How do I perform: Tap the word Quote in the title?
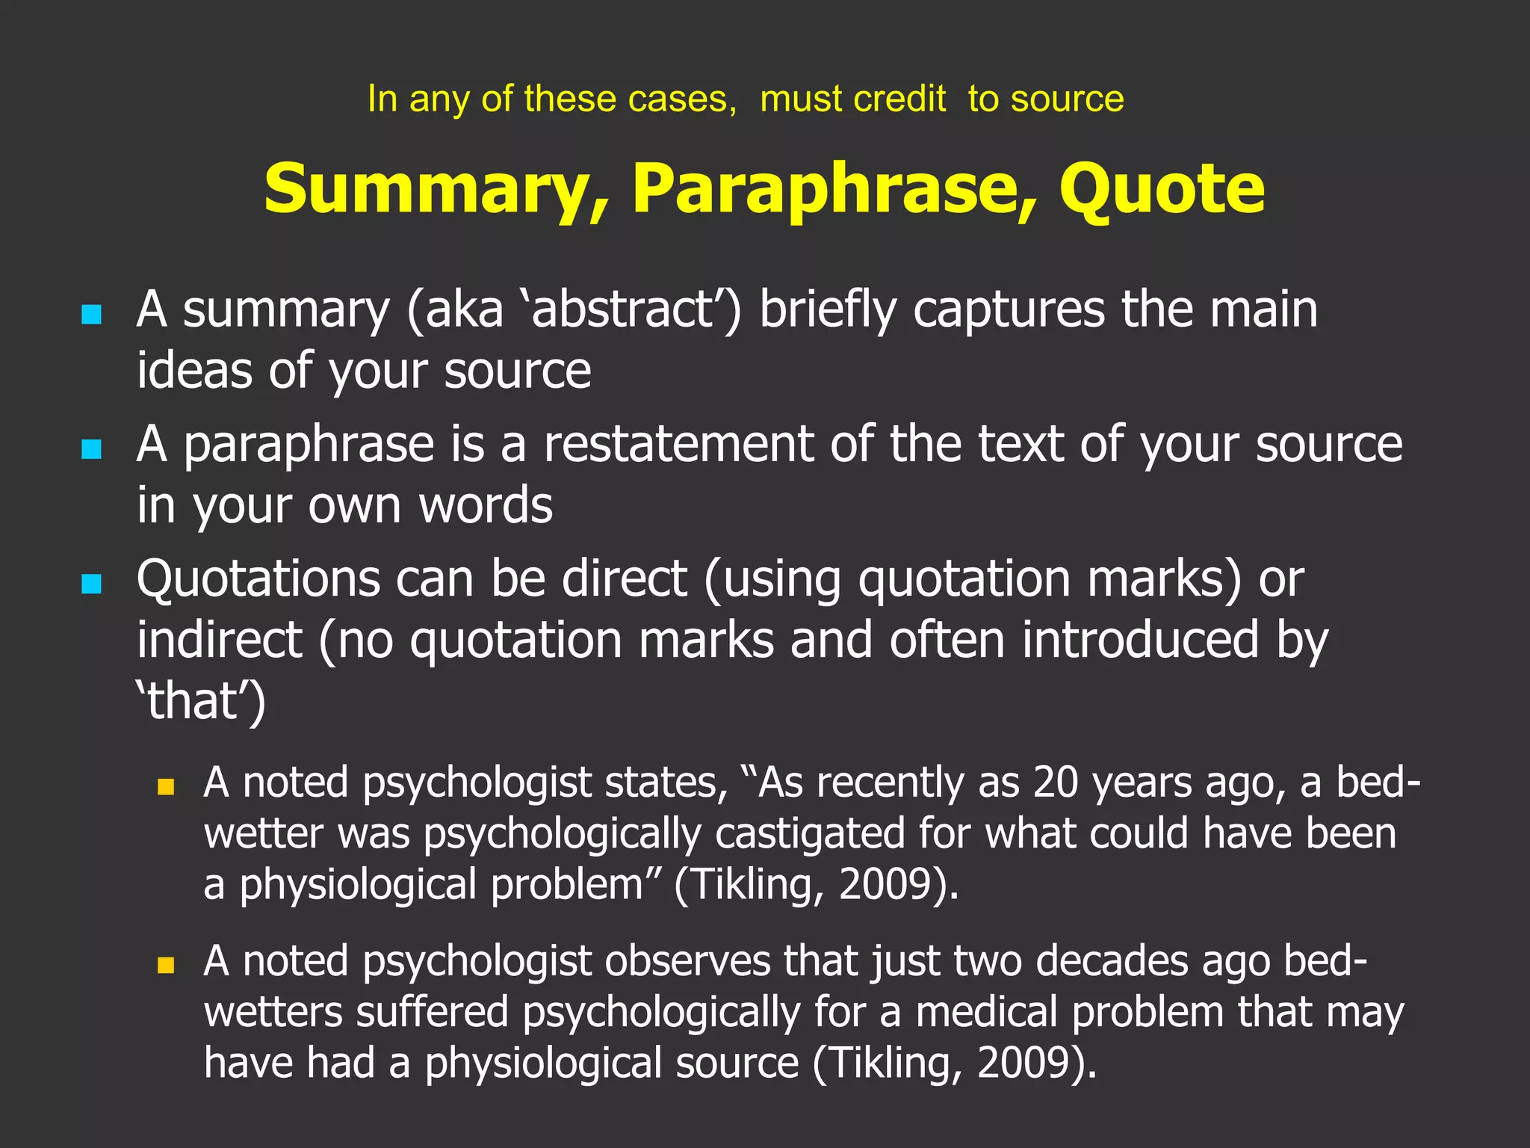click(1162, 190)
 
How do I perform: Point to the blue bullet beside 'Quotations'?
click(91, 583)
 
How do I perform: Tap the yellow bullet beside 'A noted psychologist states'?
click(166, 786)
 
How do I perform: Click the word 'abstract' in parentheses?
click(623, 309)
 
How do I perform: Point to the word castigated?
click(810, 834)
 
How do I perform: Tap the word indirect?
click(219, 640)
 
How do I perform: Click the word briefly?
click(828, 309)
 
